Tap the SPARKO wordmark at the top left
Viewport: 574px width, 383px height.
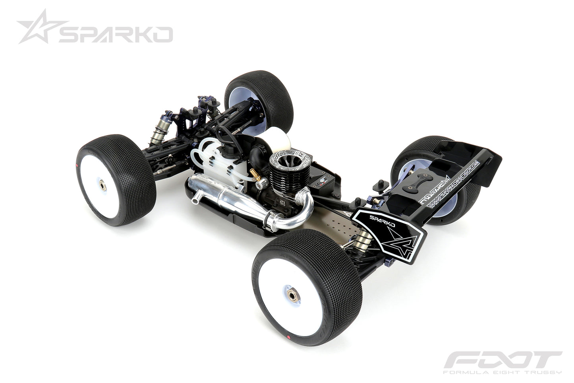tap(115, 35)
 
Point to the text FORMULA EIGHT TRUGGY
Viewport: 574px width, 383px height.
tap(502, 371)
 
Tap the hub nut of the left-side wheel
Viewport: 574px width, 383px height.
tap(102, 185)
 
